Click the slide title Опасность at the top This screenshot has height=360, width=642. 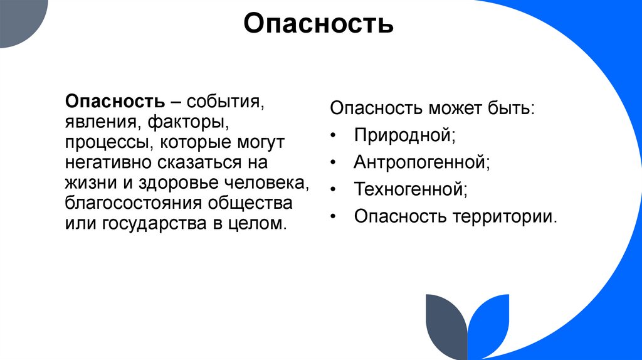pos(318,24)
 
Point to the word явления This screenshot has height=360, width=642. pos(95,121)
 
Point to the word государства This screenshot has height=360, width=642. pos(147,223)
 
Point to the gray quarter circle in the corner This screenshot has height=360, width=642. pos(19,19)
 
